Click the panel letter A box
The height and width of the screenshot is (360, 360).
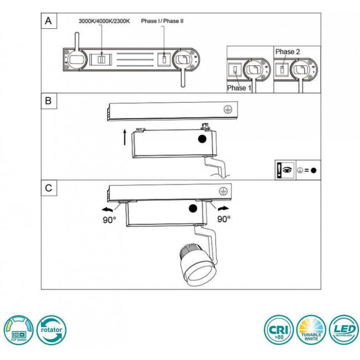(49, 21)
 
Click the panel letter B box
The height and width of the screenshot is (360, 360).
(49, 101)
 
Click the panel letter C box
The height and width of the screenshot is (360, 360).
(49, 188)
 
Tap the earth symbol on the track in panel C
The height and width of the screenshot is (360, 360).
(223, 191)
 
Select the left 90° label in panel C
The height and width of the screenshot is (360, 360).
(110, 219)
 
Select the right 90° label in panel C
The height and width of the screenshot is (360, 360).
(224, 219)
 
